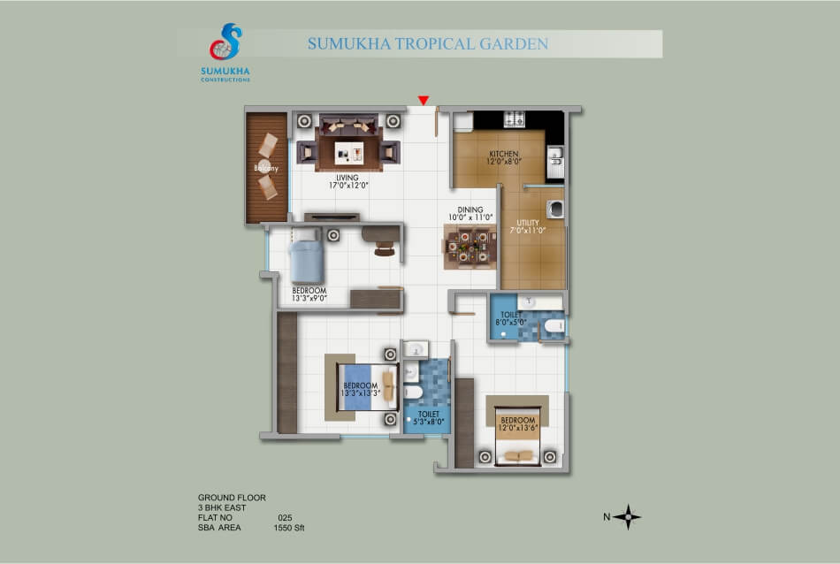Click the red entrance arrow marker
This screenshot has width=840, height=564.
pyautogui.click(x=424, y=100)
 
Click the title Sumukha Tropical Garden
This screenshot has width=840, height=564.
pyautogui.click(x=427, y=43)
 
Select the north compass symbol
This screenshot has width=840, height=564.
pyautogui.click(x=627, y=517)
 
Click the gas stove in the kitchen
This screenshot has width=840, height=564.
pyautogui.click(x=514, y=119)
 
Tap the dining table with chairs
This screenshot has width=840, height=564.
pyautogui.click(x=470, y=247)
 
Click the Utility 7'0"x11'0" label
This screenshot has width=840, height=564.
pyautogui.click(x=528, y=226)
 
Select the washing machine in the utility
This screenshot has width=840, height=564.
pyautogui.click(x=555, y=209)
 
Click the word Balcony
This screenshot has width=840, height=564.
pyautogui.click(x=266, y=168)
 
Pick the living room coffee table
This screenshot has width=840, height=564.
pyautogui.click(x=348, y=153)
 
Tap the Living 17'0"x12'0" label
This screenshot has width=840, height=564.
pyautogui.click(x=348, y=181)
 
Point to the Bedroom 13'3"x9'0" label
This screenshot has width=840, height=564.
pyautogui.click(x=309, y=294)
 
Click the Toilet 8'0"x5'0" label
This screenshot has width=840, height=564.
pyautogui.click(x=511, y=319)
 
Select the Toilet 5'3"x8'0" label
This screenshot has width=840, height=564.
pyautogui.click(x=429, y=418)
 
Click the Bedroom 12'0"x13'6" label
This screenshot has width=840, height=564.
pyautogui.click(x=518, y=424)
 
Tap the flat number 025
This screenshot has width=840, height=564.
pyautogui.click(x=285, y=517)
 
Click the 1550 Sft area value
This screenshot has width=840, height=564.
pyautogui.click(x=289, y=528)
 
